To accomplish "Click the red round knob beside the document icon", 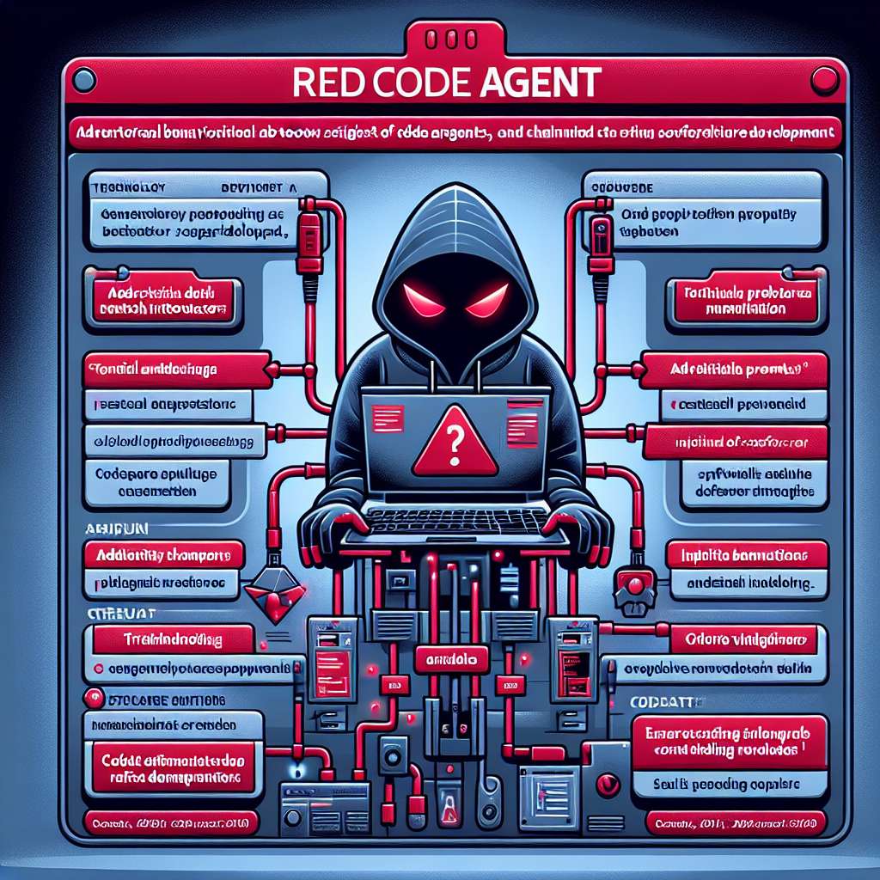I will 608,784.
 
